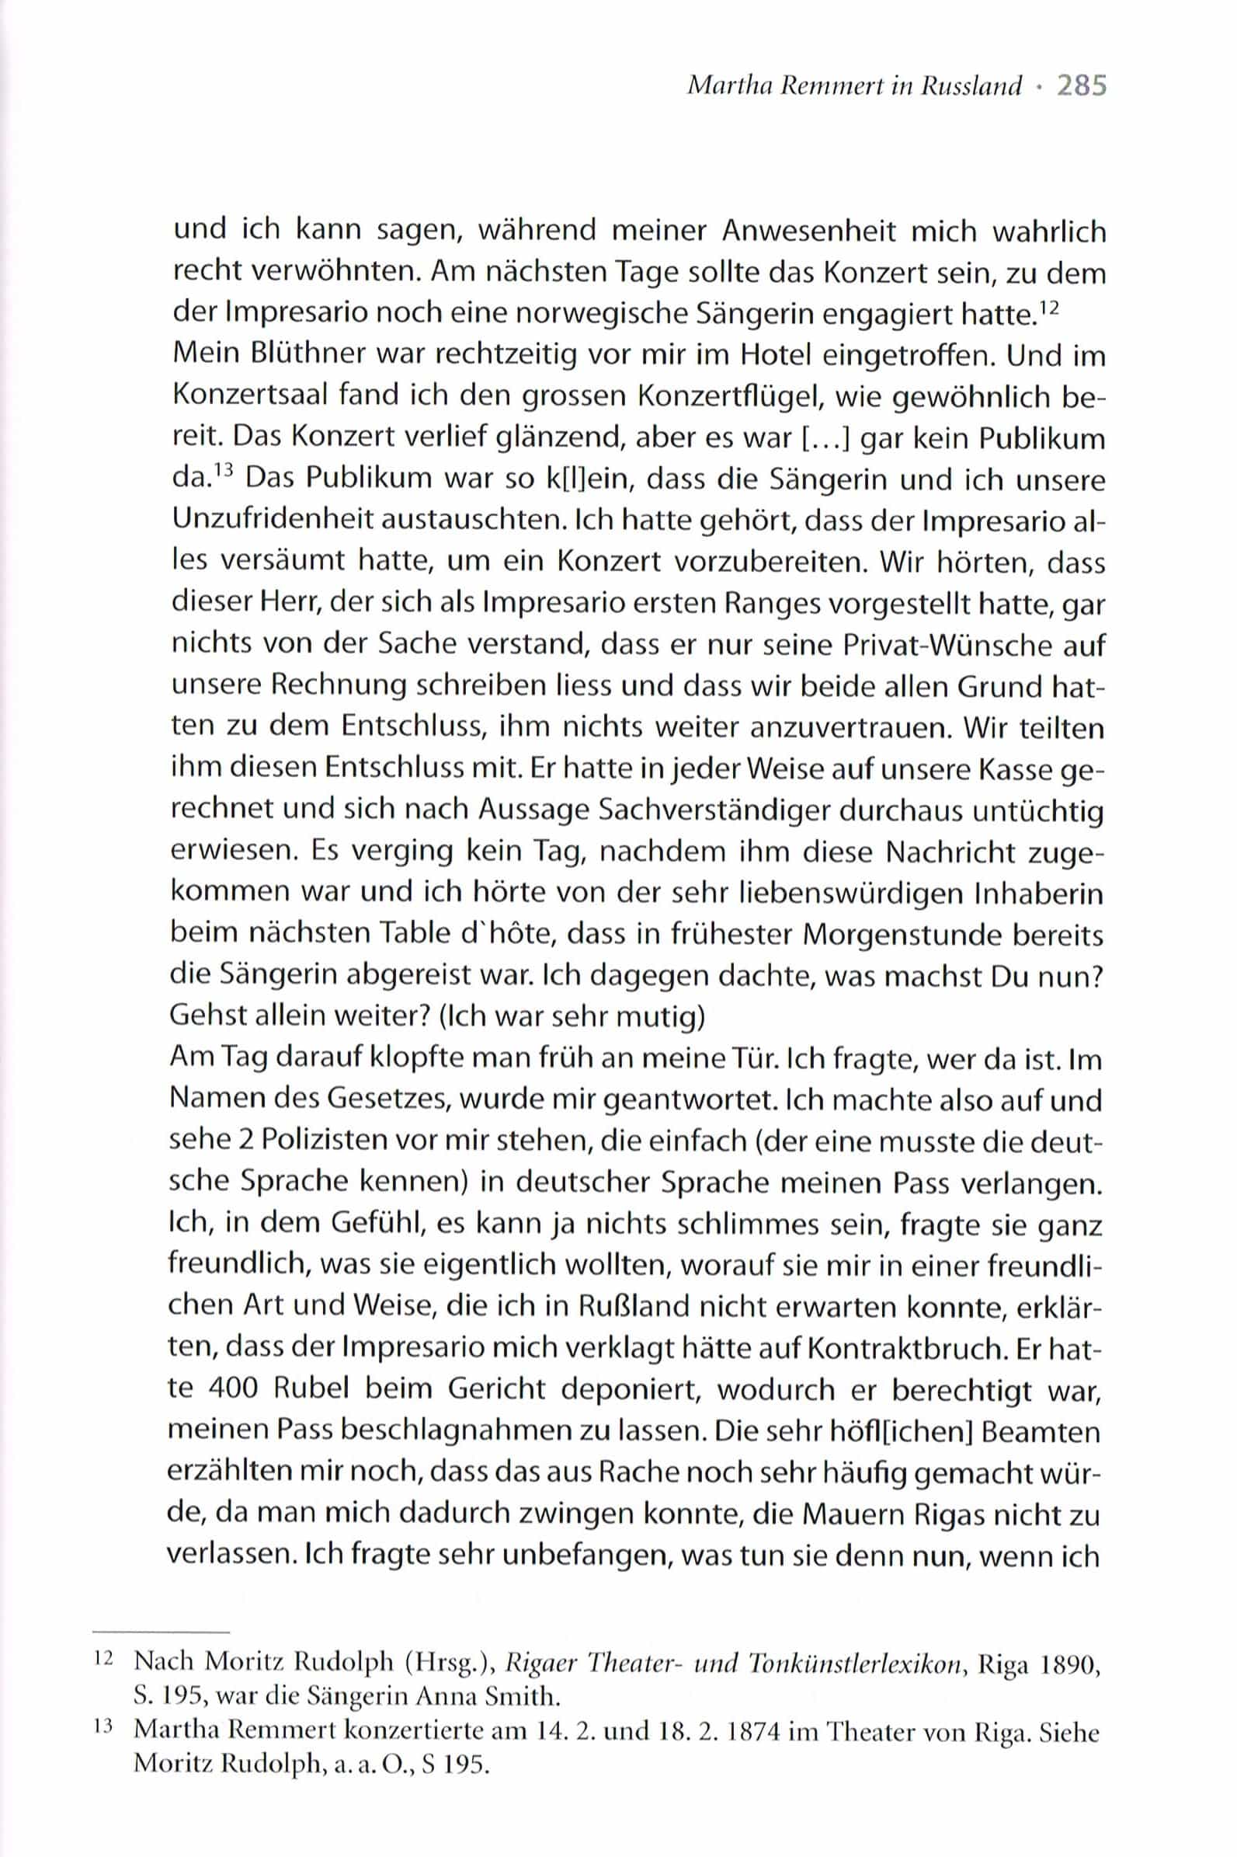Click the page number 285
[x=1082, y=85]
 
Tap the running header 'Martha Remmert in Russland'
[x=854, y=86]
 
